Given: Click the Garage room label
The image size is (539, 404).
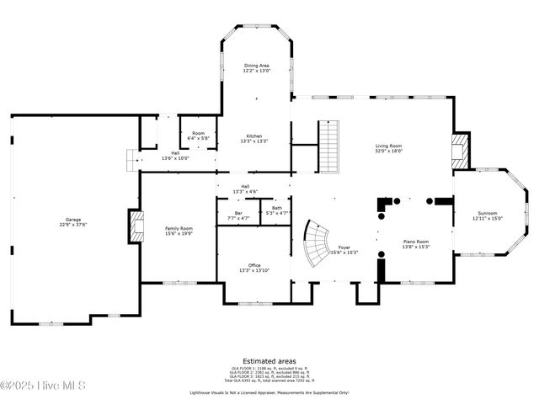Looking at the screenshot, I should click(x=74, y=221).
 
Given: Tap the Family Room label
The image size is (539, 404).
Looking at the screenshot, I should click(x=179, y=231).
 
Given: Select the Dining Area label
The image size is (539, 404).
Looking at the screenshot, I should click(x=257, y=67).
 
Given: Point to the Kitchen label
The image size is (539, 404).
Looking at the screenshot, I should click(x=254, y=139).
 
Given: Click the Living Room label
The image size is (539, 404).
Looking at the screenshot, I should click(x=388, y=148).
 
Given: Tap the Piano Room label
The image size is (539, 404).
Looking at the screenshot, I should click(x=416, y=244).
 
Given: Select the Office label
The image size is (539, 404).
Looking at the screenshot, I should click(x=254, y=268).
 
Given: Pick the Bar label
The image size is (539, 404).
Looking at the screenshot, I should click(x=238, y=215).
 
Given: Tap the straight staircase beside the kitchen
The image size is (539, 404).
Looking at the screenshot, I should click(x=328, y=146).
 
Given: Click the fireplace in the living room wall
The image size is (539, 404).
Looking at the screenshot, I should click(x=460, y=152).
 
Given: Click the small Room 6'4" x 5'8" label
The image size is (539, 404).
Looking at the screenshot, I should click(x=198, y=136).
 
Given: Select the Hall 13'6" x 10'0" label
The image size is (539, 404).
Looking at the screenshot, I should click(x=175, y=155).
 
